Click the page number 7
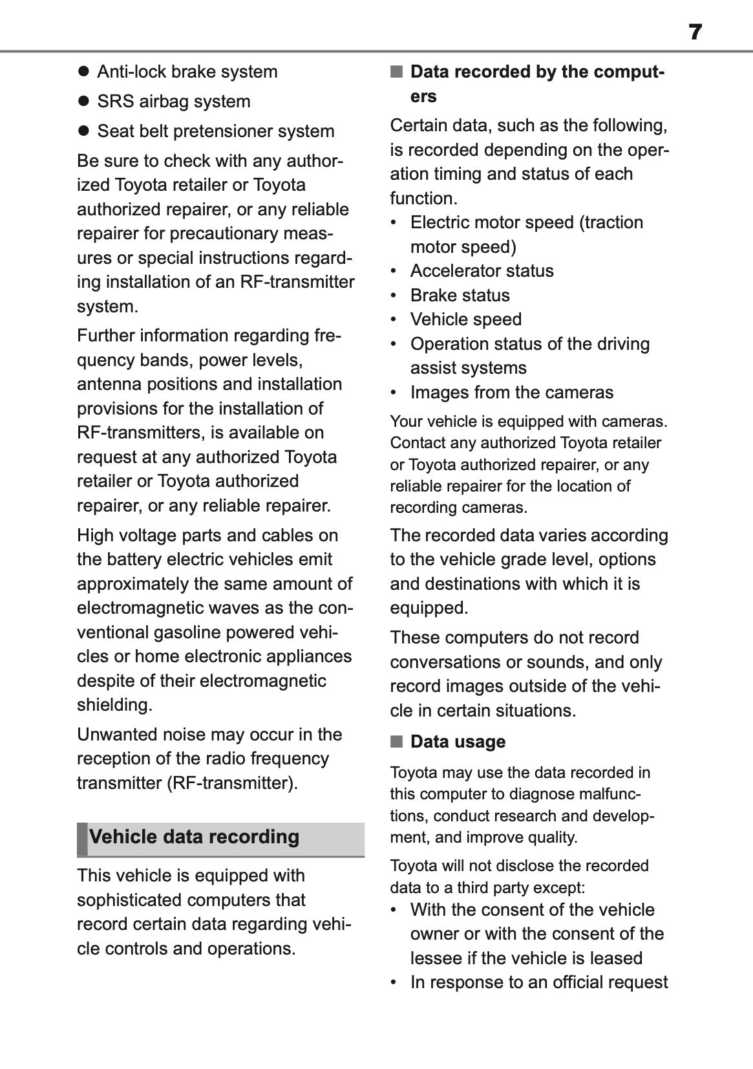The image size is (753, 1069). pyautogui.click(x=695, y=32)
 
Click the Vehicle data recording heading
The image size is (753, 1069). pyautogui.click(x=194, y=837)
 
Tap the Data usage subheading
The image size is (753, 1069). pyautogui.click(x=458, y=742)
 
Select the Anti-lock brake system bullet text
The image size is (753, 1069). pyautogui.click(x=187, y=72)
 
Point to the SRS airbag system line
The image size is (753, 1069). pyautogui.click(x=173, y=102)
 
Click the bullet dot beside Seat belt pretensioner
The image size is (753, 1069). pyautogui.click(x=83, y=131)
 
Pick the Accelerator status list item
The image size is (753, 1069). pyautogui.click(x=482, y=271)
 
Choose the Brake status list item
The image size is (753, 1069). pyautogui.click(x=460, y=296)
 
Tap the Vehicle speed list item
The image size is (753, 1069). pyautogui.click(x=465, y=319)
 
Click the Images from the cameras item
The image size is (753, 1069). pyautogui.click(x=511, y=393)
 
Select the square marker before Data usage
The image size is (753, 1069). pyautogui.click(x=396, y=741)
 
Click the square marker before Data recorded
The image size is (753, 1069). pyautogui.click(x=396, y=71)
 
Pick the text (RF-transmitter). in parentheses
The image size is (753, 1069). pyautogui.click(x=232, y=783)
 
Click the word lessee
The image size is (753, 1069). pyautogui.click(x=432, y=958)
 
